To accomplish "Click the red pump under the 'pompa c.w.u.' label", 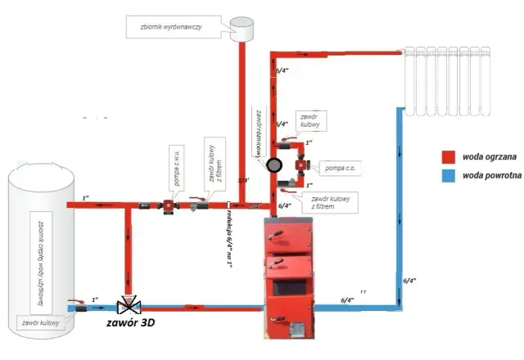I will coord(167,205).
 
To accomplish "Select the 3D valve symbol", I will coord(128,308).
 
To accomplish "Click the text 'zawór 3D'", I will coord(132,324).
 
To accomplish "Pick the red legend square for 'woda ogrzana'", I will coord(449,155).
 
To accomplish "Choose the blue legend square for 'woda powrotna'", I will coord(449,175).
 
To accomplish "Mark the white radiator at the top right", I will coord(447,82).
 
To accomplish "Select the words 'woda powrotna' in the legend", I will coord(487,175).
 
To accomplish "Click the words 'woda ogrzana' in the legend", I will coord(486,155).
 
